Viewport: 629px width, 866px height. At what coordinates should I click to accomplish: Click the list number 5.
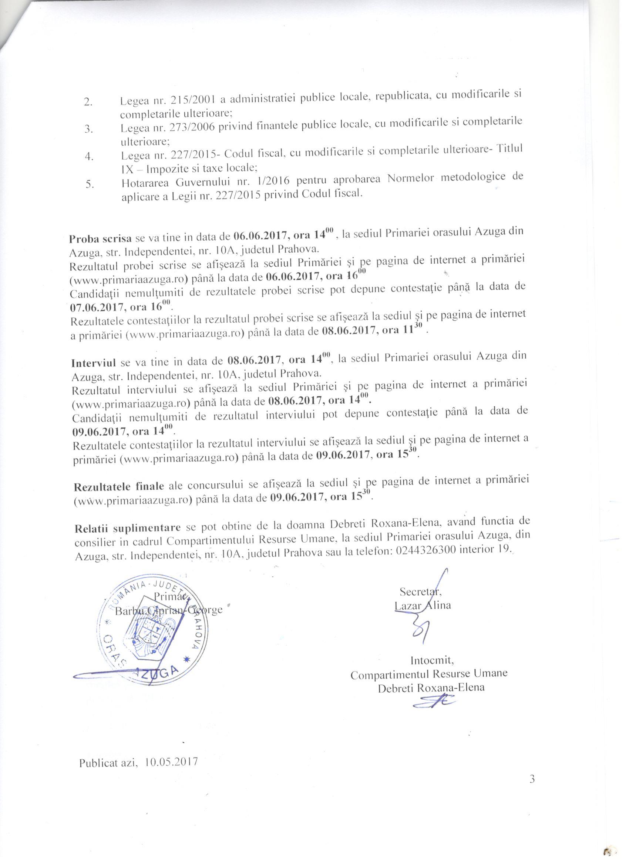coord(90,184)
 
